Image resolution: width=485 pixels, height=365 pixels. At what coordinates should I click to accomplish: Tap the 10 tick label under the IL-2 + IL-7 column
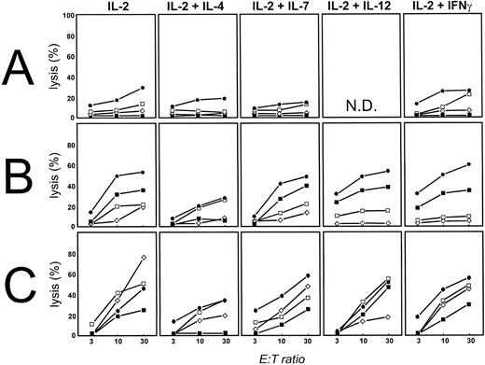click(279, 343)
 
